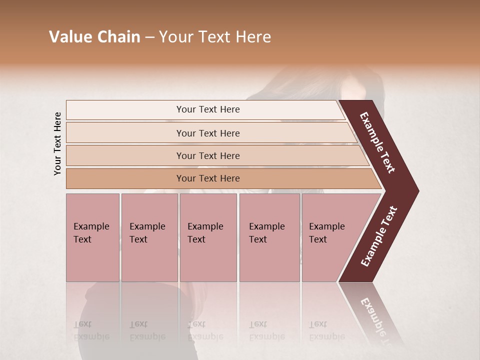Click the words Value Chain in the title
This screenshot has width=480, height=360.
tap(94, 37)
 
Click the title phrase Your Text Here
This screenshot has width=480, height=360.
tap(215, 37)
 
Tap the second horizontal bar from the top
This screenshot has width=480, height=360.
tap(207, 133)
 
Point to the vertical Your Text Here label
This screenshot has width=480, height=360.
tap(57, 143)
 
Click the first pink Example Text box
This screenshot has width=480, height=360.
tap(92, 237)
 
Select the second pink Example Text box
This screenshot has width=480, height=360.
tap(149, 237)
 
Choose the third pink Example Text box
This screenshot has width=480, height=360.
tap(208, 237)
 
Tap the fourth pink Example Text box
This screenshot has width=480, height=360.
tap(269, 237)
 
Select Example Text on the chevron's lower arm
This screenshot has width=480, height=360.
tap(379, 236)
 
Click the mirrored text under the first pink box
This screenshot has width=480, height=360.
tap(91, 330)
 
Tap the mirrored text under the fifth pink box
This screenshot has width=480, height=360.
tap(326, 330)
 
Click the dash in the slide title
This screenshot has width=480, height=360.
tap(149, 37)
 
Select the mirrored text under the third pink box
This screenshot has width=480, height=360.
tap(205, 330)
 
